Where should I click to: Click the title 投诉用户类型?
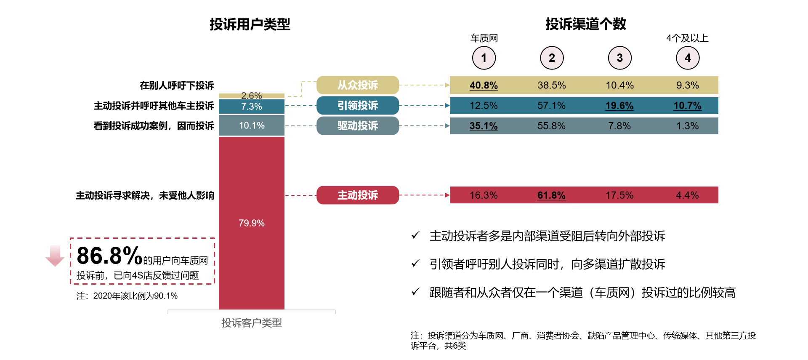[x=250, y=24]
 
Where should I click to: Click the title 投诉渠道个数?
[x=586, y=24]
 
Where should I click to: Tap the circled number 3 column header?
[x=619, y=58]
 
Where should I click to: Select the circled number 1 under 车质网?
[x=484, y=58]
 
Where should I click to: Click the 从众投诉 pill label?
[x=358, y=85]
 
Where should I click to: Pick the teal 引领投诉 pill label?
[x=358, y=105]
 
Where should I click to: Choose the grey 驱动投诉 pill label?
[x=358, y=125]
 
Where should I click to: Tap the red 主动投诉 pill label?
[x=358, y=195]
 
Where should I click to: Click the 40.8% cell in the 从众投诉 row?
[x=484, y=85]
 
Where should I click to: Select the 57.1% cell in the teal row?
[x=551, y=106]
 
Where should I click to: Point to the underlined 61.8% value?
[x=551, y=195]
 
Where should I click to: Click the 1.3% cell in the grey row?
[x=687, y=126]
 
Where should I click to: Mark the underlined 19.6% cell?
[x=619, y=106]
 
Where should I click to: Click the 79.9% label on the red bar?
[x=252, y=223]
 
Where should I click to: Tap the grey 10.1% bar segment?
[x=252, y=125]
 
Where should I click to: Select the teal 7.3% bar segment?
[x=252, y=107]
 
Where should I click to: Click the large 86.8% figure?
[x=109, y=256]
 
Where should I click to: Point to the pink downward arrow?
[x=55, y=256]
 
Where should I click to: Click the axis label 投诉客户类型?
[x=252, y=323]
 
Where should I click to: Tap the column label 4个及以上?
[x=687, y=38]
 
